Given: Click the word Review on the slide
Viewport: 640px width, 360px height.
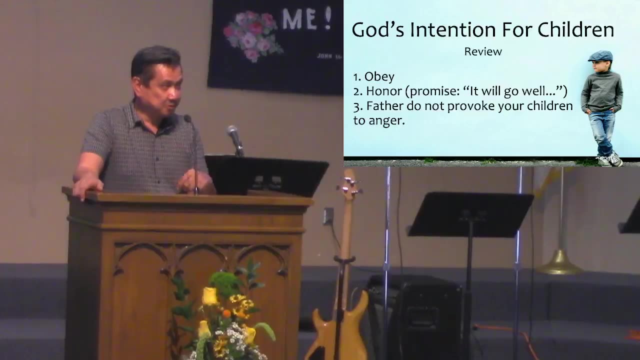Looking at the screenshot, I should point(482,51).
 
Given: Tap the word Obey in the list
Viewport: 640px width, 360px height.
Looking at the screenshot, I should point(379,76).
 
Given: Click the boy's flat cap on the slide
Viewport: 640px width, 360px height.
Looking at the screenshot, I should point(600,56).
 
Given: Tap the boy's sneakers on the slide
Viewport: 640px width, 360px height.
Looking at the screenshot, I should point(610,159).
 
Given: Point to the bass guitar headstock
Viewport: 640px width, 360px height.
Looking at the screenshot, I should point(349,184).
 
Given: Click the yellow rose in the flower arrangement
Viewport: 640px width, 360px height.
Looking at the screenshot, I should point(210,296).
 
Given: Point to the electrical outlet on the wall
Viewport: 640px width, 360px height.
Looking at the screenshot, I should point(328,215).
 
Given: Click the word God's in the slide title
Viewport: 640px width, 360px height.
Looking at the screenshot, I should point(378,30).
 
